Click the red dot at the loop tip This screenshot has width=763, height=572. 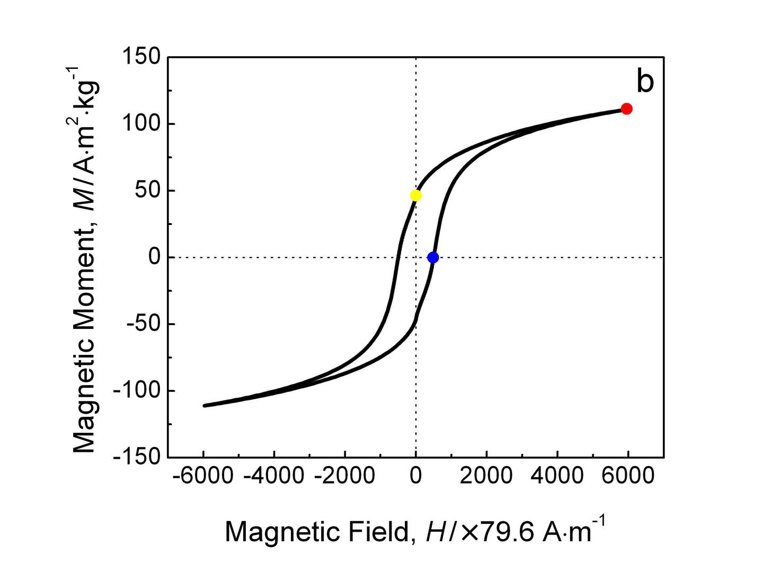click(626, 109)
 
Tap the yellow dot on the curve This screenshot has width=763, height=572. click(416, 196)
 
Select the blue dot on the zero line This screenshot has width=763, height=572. click(433, 257)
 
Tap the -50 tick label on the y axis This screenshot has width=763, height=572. click(143, 324)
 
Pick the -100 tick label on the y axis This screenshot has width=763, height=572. click(137, 391)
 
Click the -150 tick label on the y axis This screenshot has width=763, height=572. click(137, 457)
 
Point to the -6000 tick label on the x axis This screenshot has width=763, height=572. click(203, 476)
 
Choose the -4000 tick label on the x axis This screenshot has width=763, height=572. click(274, 476)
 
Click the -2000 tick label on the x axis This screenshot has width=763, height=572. click(344, 476)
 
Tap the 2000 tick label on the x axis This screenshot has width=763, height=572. click(486, 476)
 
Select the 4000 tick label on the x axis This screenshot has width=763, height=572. click(557, 476)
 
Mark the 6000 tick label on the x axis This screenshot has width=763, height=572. click(628, 476)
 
